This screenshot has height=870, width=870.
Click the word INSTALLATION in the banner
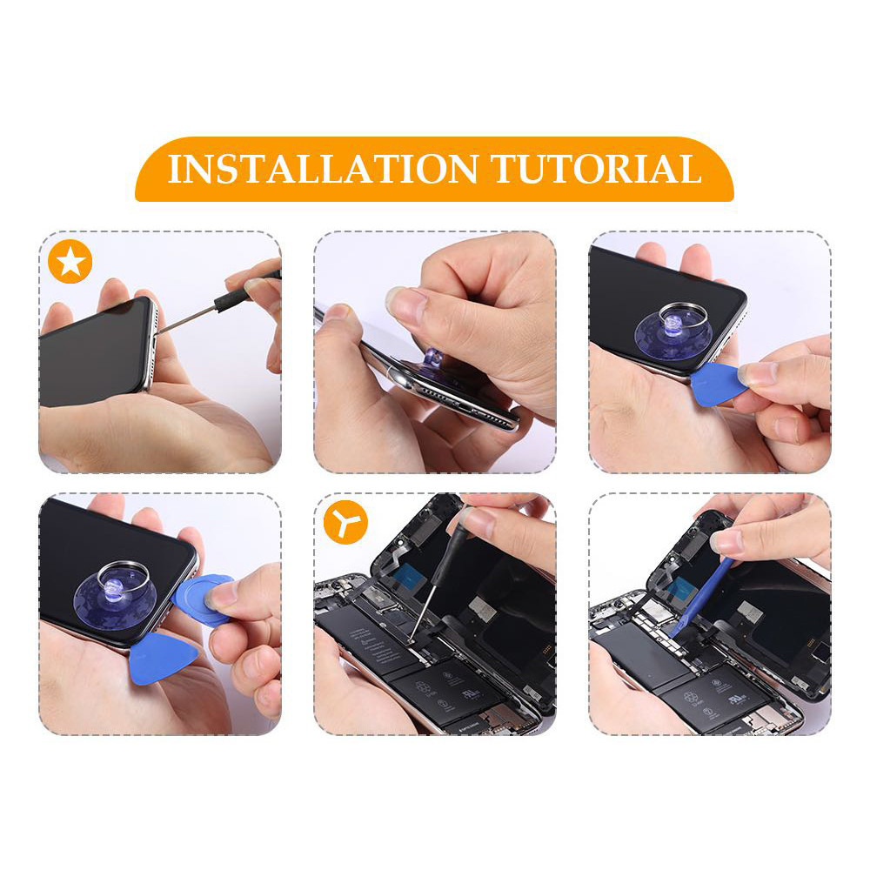coord(323,169)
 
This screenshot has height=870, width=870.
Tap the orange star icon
coord(70,263)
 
